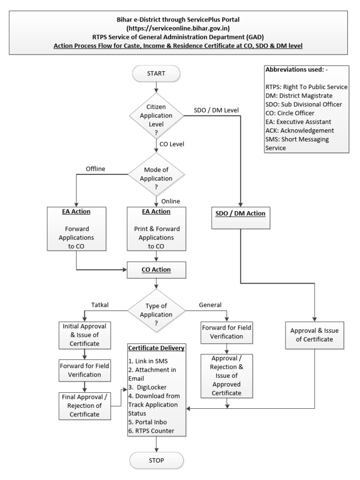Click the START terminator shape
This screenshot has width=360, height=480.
[x=156, y=73]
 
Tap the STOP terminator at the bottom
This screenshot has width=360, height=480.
[x=156, y=460]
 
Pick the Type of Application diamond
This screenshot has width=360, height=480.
[x=156, y=309]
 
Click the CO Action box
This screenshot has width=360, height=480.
[x=156, y=270]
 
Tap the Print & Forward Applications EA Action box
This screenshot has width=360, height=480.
[x=156, y=229]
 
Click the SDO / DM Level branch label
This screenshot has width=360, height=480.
[x=216, y=110]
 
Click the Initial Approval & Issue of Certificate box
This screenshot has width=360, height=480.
[x=85, y=335]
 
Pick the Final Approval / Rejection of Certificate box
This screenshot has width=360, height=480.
[x=85, y=405]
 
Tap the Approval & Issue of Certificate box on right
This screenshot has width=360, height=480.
[x=314, y=335]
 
